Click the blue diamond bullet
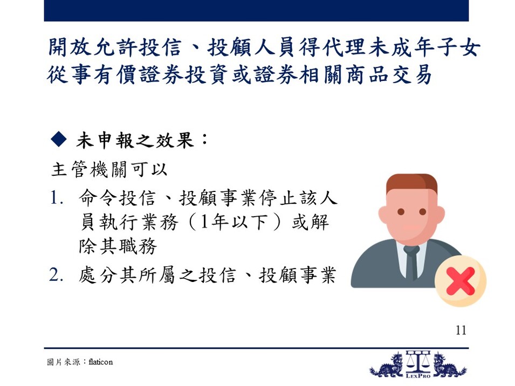point(59,139)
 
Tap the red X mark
point(461,281)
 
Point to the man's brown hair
point(411,184)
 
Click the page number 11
point(461,330)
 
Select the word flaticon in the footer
point(101,362)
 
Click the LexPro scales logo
point(418,364)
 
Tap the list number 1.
point(56,198)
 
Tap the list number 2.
point(56,275)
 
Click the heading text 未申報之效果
point(135,141)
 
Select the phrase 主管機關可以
point(109,170)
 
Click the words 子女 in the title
point(458,47)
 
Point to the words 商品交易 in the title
point(389,74)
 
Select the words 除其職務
point(118,246)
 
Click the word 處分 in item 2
point(98,275)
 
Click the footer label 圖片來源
point(64,362)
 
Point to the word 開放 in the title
point(68,47)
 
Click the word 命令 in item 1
point(98,198)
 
